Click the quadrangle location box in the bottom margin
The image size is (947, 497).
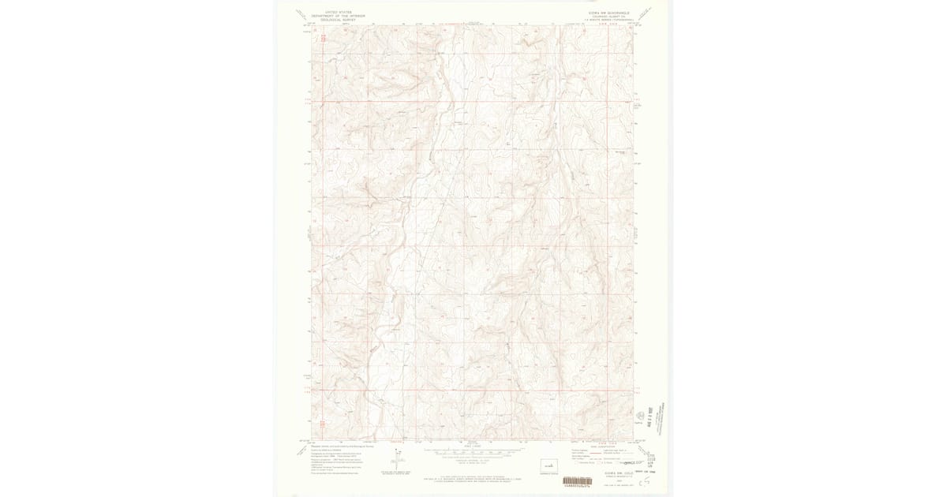[x=548, y=465]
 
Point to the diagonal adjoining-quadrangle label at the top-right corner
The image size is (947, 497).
[x=647, y=13]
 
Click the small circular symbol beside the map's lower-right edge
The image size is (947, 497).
[x=639, y=415]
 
